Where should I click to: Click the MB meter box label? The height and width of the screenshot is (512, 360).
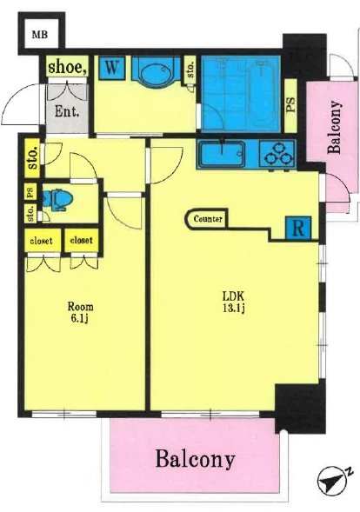[39, 34]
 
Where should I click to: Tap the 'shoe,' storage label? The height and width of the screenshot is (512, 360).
[68, 67]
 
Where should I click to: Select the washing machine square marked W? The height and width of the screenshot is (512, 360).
[111, 68]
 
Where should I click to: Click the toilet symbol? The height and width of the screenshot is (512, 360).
[57, 200]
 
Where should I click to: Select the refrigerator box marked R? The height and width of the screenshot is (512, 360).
[298, 228]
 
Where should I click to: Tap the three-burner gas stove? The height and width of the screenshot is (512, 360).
[277, 155]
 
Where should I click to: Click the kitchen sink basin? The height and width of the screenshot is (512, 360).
[223, 154]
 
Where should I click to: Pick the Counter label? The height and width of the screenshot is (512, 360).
[208, 219]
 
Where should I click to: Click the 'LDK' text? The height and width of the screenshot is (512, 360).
[233, 296]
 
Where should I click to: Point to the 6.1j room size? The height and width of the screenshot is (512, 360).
[80, 319]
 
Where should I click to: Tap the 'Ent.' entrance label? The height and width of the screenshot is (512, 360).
[67, 111]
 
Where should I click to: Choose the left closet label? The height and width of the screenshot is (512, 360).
[41, 241]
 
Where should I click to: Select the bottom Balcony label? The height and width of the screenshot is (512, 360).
[195, 459]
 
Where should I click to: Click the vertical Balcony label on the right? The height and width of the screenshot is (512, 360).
[334, 127]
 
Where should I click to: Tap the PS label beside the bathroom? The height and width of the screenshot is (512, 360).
[290, 105]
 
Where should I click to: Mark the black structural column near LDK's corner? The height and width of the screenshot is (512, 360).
[300, 408]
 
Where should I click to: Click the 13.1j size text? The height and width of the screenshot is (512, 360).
[234, 309]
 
